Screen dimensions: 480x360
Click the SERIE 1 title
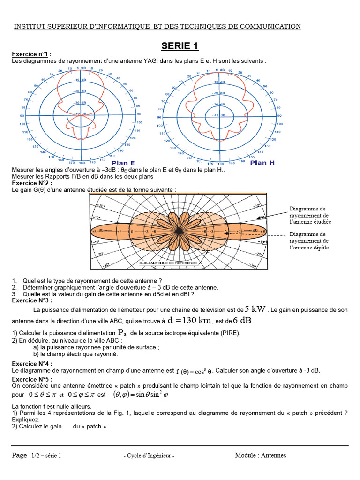click(180, 46)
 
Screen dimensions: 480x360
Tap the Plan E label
click(122, 163)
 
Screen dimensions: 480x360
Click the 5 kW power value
click(255, 309)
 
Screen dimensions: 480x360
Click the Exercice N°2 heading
click(32, 183)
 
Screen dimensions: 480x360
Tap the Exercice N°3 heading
click(32, 300)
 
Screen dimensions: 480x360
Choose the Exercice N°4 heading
click(32, 364)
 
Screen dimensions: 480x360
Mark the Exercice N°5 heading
click(32, 379)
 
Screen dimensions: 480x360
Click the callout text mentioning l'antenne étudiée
click(310, 215)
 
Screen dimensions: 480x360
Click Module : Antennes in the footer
click(260, 455)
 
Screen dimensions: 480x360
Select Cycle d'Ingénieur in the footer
click(149, 456)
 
